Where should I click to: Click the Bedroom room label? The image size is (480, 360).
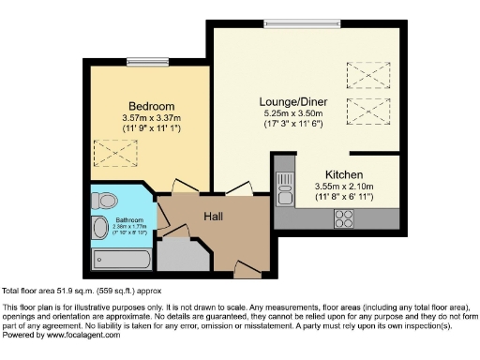tap(150, 106)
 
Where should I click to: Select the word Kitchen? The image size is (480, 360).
tap(343, 174)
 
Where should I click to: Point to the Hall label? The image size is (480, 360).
tap(213, 217)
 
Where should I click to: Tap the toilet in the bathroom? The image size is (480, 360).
tap(106, 199)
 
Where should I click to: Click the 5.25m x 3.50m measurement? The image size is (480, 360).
tap(288, 112)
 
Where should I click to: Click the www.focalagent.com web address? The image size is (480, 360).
tap(80, 335)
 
